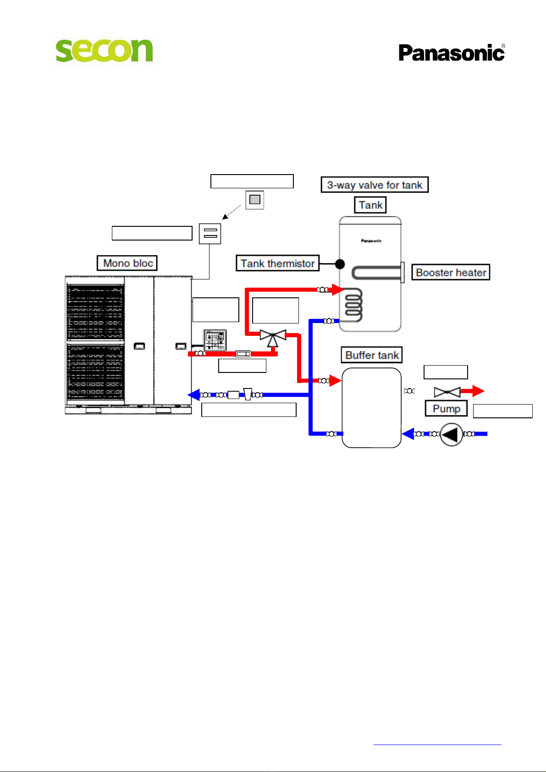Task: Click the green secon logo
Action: point(104,50)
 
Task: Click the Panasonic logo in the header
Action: point(452,52)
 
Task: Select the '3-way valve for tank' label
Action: point(375,185)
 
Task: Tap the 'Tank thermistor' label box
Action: point(278,263)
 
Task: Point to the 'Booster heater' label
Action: point(451,272)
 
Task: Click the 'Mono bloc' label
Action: point(127,263)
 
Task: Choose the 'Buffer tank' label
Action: point(372,355)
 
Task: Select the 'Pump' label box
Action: point(446,408)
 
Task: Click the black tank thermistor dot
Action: point(340,264)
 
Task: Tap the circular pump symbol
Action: point(452,434)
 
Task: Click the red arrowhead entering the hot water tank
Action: point(338,290)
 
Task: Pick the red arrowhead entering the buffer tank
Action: point(335,380)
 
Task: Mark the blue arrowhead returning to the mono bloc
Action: point(194,394)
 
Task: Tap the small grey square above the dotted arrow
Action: point(255,200)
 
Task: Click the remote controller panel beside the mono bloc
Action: point(215,340)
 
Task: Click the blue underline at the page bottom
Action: point(437,745)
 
